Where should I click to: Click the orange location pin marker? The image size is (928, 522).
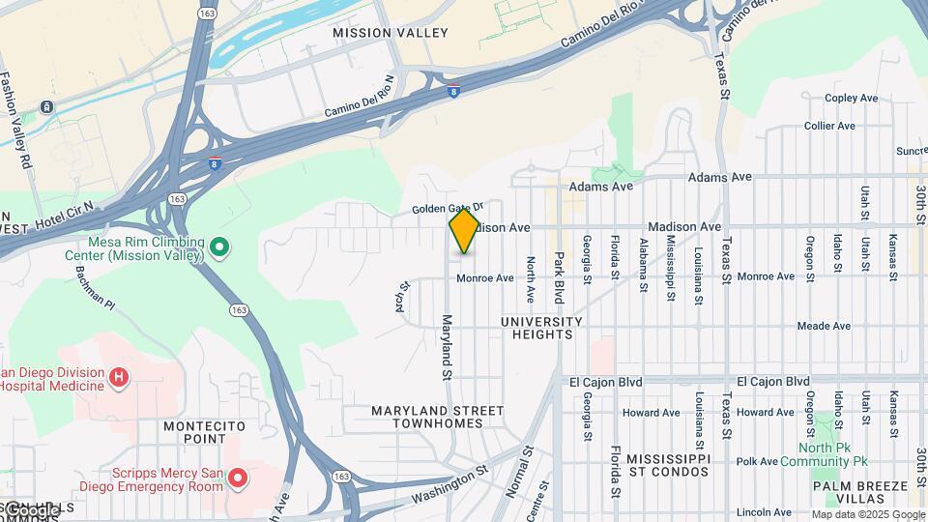coord(465,230)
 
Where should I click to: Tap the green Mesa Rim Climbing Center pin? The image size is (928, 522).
coord(219,248)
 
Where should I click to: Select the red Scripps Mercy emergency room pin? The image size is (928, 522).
coord(237,478)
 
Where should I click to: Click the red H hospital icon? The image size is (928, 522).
coord(119,376)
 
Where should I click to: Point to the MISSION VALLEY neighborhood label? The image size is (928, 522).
coord(376,33)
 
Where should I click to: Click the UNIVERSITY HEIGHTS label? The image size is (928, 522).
coord(541,328)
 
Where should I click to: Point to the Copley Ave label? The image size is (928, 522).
coord(850,99)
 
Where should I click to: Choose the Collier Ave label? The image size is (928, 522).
coord(829,126)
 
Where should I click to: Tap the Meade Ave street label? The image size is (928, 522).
coord(824,327)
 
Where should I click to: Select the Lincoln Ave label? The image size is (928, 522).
coord(765,512)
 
